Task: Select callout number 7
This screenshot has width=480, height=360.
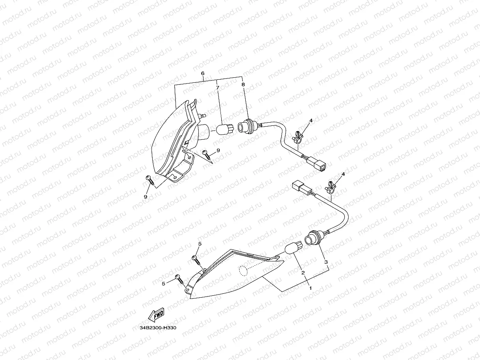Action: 217,87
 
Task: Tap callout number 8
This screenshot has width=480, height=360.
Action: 243,84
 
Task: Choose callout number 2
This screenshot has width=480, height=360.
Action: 303,273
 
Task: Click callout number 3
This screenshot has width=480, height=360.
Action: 326,262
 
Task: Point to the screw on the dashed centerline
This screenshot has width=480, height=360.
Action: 207,154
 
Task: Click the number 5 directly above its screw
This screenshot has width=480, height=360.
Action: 200,244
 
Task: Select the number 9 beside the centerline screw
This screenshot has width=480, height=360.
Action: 218,150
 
